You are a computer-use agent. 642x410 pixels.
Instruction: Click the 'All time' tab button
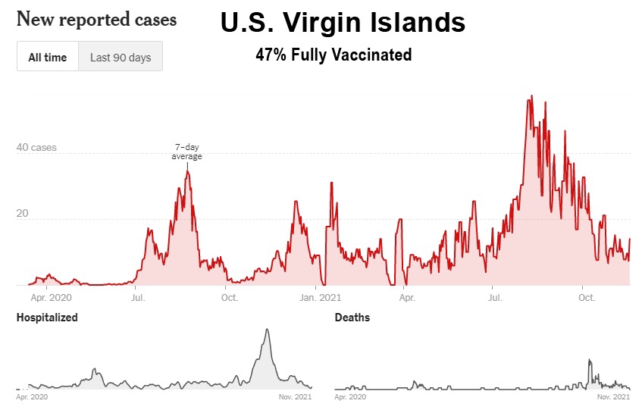pos(48,57)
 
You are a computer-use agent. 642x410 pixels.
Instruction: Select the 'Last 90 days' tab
pos(120,57)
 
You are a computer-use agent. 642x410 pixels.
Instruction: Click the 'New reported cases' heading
pos(96,19)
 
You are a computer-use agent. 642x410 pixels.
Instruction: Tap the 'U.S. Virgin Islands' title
pos(343,23)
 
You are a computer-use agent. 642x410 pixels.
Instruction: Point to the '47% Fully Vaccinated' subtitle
pos(334,55)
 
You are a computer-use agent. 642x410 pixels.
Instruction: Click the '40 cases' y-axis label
pos(36,148)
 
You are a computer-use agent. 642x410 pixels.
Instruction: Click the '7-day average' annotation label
pos(187,152)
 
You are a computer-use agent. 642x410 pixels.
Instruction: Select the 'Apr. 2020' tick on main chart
pos(45,298)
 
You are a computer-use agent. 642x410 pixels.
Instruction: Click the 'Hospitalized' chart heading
pos(47,318)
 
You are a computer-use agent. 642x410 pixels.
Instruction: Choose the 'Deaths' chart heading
pos(352,318)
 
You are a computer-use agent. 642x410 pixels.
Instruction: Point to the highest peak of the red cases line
pos(531,96)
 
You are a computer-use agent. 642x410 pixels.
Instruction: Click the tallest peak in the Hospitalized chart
pos(267,330)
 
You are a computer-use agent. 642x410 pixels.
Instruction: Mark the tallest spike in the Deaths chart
pos(590,359)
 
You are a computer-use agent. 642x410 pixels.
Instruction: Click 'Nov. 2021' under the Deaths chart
pos(612,396)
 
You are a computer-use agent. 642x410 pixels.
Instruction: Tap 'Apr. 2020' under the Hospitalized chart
pos(32,396)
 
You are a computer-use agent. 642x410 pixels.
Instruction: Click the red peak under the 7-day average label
pos(187,171)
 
